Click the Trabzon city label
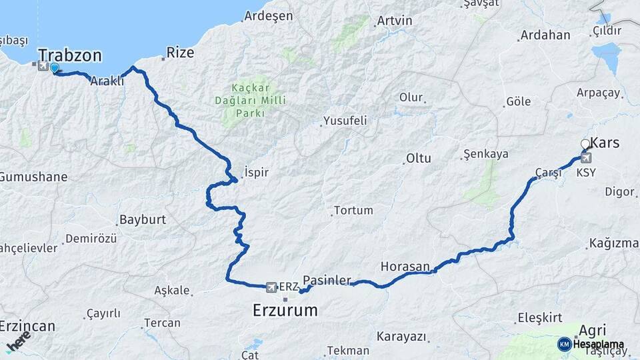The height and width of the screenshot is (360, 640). click(x=69, y=54)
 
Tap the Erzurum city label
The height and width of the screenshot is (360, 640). click(x=285, y=310)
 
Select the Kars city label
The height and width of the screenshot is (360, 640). click(x=605, y=143)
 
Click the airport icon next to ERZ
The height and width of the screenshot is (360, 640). click(x=271, y=287)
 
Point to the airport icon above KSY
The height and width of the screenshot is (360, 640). click(x=586, y=158)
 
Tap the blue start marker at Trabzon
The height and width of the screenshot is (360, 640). click(x=54, y=67)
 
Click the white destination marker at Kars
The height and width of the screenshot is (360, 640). click(x=585, y=144)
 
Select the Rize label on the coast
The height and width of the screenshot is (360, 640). click(x=180, y=52)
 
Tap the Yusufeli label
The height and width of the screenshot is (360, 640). click(x=344, y=121)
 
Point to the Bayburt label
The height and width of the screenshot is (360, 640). click(x=142, y=219)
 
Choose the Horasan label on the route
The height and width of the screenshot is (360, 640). click(x=405, y=266)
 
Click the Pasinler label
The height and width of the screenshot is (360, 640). click(x=327, y=280)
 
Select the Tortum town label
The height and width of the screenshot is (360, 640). click(x=353, y=210)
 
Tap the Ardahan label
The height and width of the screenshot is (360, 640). click(x=545, y=35)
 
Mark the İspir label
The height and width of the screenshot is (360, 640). click(x=257, y=172)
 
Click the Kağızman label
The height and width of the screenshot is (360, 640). click(x=614, y=243)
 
